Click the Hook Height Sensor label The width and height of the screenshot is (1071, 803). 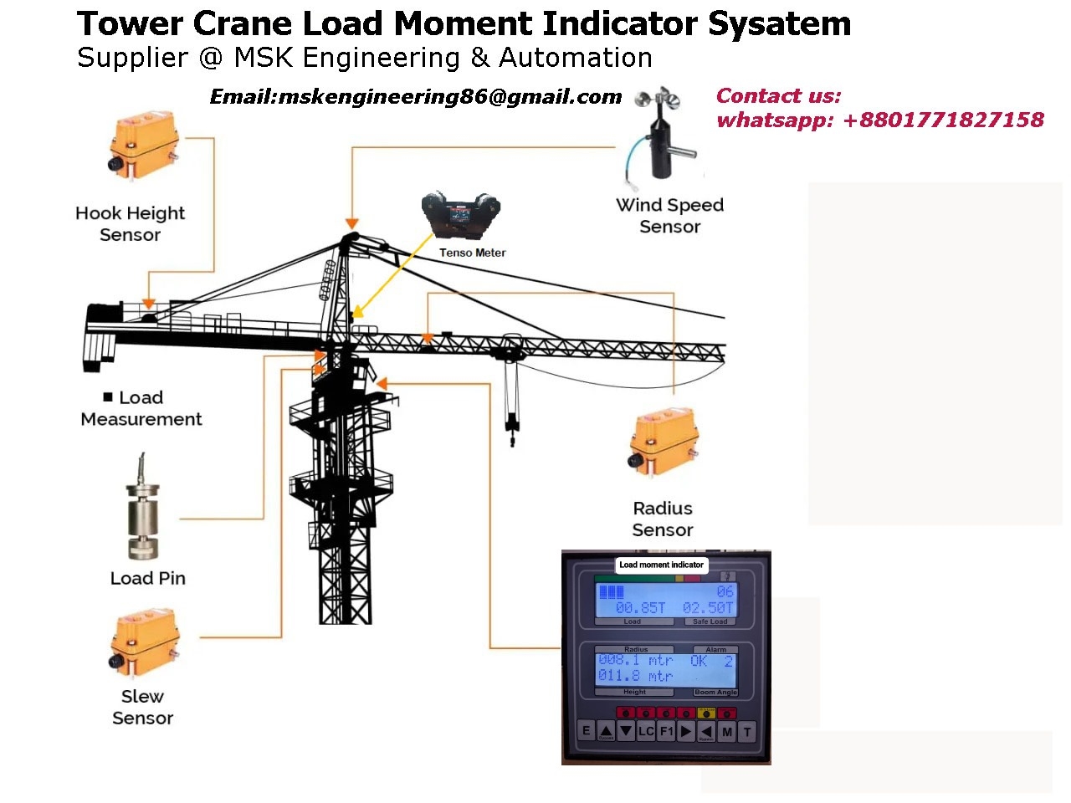[x=130, y=223]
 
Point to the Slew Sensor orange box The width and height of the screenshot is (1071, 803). [x=145, y=642]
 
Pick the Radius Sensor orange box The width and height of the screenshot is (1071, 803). [x=664, y=442]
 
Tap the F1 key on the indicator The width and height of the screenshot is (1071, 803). [x=666, y=731]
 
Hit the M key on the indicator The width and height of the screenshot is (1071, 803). [x=727, y=731]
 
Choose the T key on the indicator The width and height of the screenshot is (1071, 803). [x=747, y=731]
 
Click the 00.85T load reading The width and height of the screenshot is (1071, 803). [x=640, y=607]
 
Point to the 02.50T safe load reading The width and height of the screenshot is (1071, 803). [x=708, y=607]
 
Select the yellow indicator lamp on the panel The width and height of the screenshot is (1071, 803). [x=707, y=713]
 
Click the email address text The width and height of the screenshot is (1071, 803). [x=415, y=97]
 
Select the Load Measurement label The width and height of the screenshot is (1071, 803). [x=141, y=408]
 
